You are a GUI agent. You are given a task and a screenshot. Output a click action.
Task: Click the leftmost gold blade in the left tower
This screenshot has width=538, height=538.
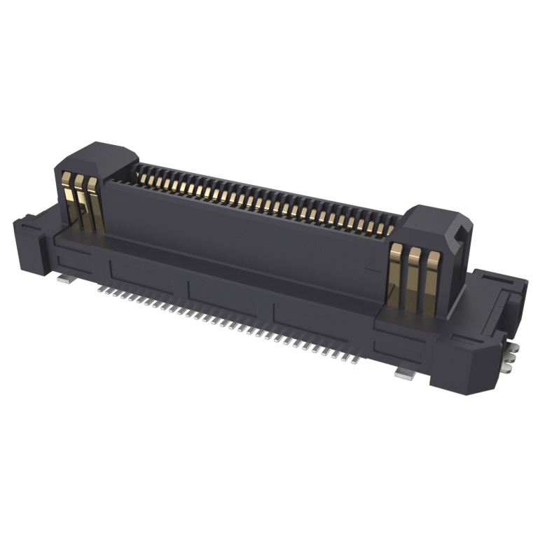pos(68,199)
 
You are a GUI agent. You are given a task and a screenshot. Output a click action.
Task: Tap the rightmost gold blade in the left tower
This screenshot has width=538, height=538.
pos(95,206)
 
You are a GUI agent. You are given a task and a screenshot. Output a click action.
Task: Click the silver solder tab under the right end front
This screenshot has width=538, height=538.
pos(405,373)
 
